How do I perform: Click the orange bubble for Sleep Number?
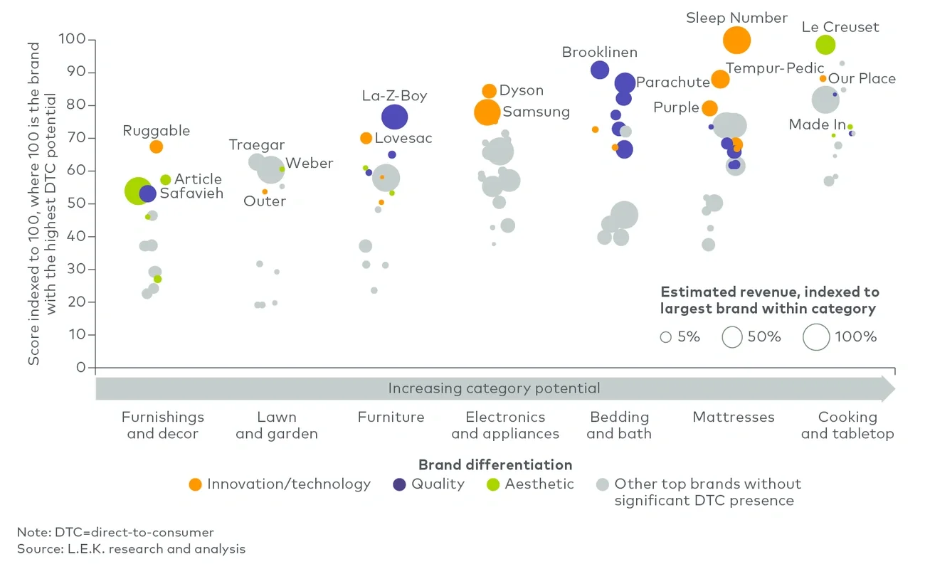pos(736,41)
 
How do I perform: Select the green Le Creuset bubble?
pos(825,45)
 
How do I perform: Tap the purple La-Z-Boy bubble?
pos(394,117)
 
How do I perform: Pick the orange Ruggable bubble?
pos(156,147)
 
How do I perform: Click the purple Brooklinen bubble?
pos(600,70)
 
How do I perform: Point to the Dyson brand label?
pos(521,90)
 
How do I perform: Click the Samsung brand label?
pos(536,112)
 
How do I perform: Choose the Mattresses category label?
pos(733,418)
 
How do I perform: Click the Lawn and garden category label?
pos(276,425)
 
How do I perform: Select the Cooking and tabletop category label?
pos(847,425)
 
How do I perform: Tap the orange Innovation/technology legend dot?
pos(195,484)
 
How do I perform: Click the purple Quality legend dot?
pos(400,484)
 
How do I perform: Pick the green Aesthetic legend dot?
pos(492,484)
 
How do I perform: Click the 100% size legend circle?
pos(816,336)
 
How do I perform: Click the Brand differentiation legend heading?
pos(495,465)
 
